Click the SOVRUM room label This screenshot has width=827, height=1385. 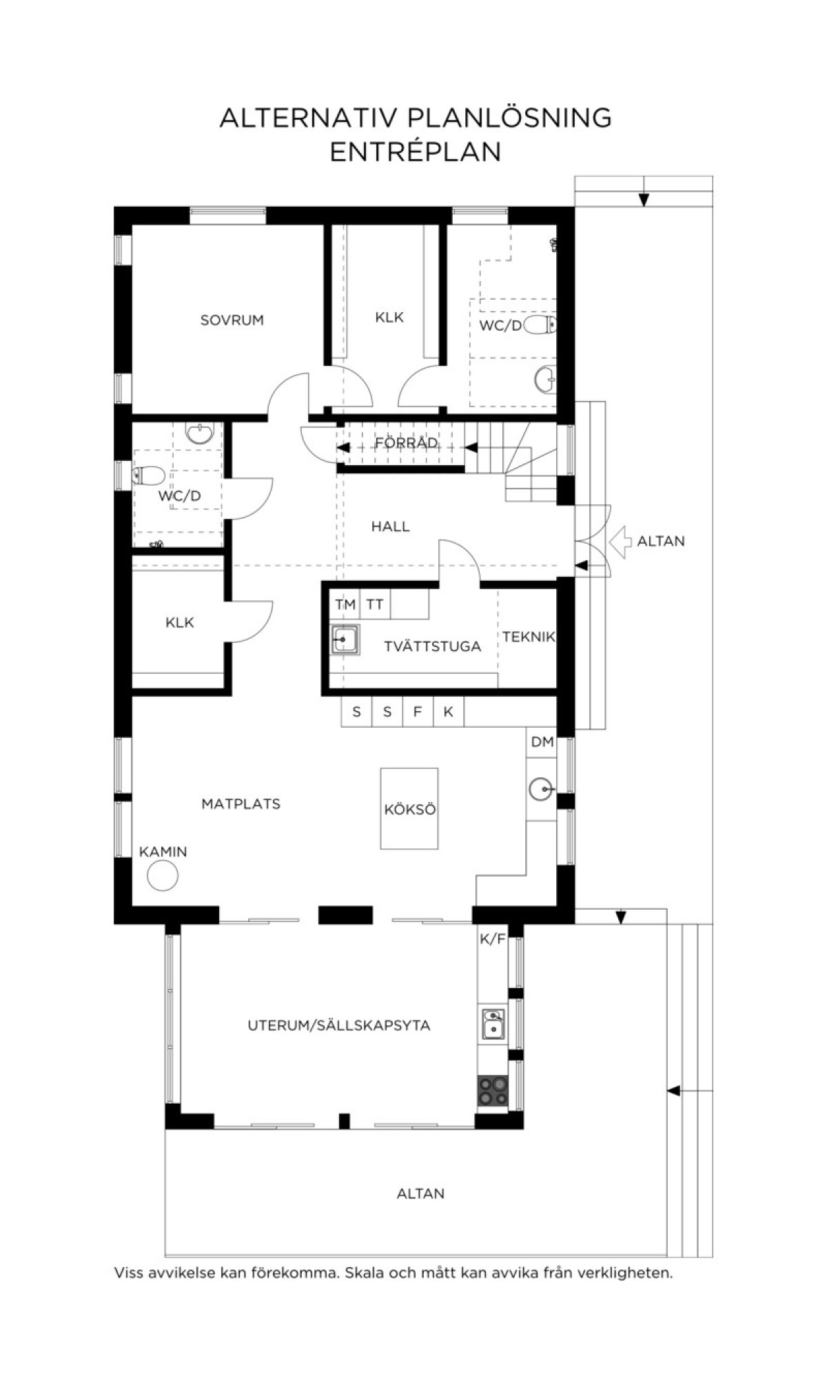(x=232, y=320)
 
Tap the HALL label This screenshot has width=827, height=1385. (x=390, y=526)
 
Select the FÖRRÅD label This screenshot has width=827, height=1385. (x=407, y=442)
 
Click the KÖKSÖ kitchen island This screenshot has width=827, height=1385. (x=409, y=808)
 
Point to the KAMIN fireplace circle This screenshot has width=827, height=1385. (x=163, y=876)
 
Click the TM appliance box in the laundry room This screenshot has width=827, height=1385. (x=345, y=604)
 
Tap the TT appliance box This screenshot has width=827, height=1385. (x=375, y=604)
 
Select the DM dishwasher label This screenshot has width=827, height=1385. (x=542, y=742)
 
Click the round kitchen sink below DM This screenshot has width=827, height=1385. (x=542, y=789)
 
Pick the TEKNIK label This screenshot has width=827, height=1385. (x=528, y=637)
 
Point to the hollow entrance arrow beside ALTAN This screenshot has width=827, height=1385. (x=621, y=542)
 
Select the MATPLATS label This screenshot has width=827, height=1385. (x=241, y=803)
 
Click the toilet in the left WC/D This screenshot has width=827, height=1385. (x=149, y=475)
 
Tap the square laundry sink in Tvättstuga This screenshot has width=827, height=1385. (x=345, y=640)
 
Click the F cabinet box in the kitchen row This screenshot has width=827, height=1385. (x=418, y=712)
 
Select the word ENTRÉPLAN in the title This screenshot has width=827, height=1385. (x=415, y=152)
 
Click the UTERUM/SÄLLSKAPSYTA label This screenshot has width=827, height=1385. (x=338, y=1025)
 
